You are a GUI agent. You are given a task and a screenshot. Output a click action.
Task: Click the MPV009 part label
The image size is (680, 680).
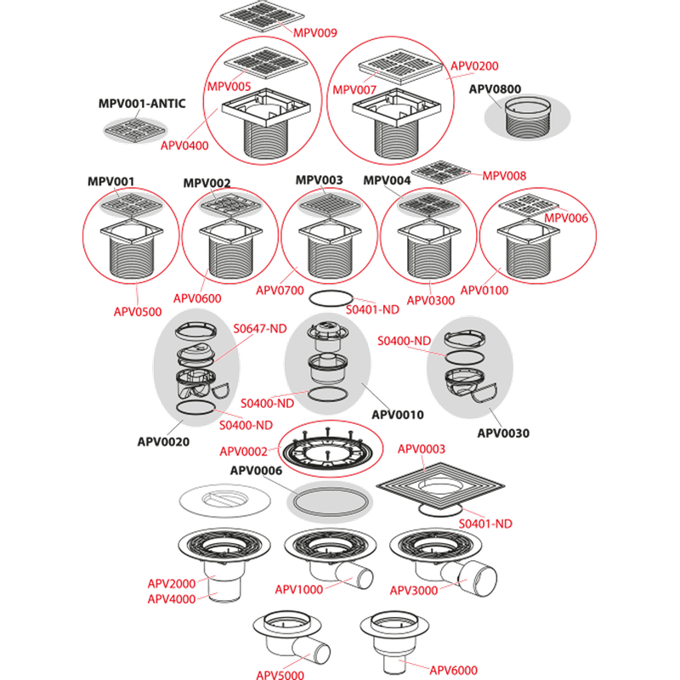tap(315, 33)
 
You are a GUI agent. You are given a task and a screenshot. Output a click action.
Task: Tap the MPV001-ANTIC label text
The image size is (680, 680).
tap(141, 104)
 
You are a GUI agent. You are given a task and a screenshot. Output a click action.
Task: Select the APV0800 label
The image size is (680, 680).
tap(495, 88)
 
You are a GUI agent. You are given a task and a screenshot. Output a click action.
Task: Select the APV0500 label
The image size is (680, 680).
tap(137, 311)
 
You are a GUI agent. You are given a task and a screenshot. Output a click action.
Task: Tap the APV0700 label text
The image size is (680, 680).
tap(280, 291)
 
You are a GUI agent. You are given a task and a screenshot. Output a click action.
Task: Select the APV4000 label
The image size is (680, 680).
tap(172, 598)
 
